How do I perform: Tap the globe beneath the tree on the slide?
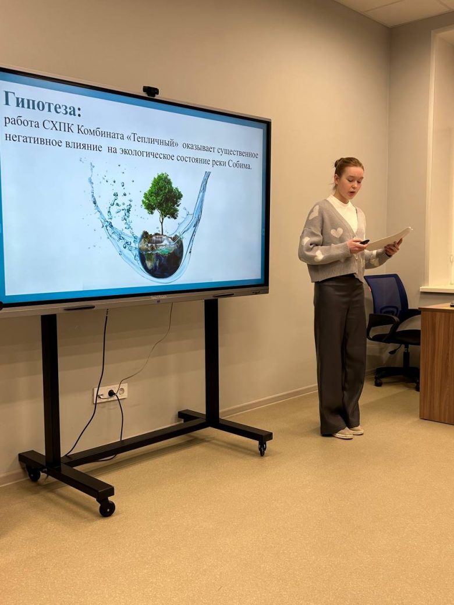pyautogui.click(x=160, y=255)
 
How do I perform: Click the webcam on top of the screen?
pyautogui.click(x=151, y=91)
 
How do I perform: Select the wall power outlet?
pyautogui.click(x=111, y=393)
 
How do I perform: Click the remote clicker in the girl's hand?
pyautogui.click(x=364, y=242)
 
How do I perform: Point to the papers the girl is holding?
pyautogui.click(x=389, y=239)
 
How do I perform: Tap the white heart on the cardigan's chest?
pyautogui.click(x=336, y=233)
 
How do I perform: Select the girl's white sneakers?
pyautogui.click(x=348, y=432)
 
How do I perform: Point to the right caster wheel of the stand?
pyautogui.click(x=263, y=449)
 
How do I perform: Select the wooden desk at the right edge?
pyautogui.click(x=437, y=363)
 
